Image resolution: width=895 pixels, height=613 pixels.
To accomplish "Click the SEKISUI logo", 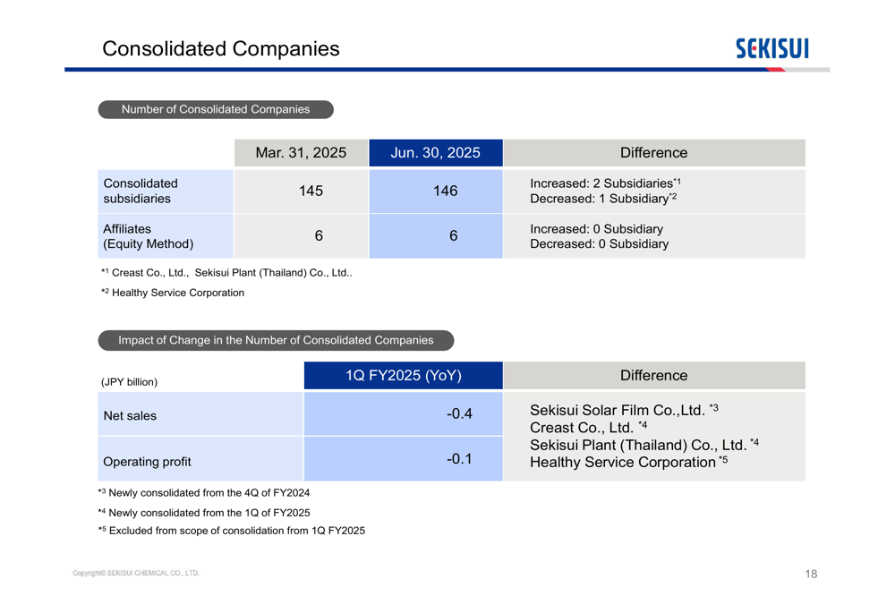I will point(771,48).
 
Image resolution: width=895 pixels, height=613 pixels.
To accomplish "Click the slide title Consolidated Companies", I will point(221,48).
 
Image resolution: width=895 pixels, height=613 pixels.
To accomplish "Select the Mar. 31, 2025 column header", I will point(301,153).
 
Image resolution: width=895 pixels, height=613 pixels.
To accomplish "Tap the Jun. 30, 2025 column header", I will point(435,153).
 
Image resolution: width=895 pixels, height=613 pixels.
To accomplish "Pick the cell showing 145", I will point(311,191).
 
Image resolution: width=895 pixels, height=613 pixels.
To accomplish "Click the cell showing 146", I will point(445,191).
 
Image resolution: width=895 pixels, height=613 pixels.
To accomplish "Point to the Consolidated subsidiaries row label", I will point(141,191).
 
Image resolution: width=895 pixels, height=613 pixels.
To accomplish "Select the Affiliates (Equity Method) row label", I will point(148,236).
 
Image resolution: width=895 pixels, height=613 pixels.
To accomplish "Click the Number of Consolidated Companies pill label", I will point(216,109).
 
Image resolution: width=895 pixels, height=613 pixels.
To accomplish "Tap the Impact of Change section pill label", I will point(276,340).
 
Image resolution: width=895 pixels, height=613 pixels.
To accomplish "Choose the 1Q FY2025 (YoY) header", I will point(404,376).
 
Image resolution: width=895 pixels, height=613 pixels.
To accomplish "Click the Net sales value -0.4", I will point(459,413).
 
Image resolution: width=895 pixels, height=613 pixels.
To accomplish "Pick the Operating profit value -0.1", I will point(459,459).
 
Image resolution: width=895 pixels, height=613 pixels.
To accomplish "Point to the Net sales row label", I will point(130,415).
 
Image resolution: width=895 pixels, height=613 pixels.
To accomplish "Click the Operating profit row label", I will point(147,462).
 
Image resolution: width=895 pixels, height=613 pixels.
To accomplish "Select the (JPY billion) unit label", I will point(130,382).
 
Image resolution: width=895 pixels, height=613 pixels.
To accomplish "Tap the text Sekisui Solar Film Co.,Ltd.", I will point(618,411).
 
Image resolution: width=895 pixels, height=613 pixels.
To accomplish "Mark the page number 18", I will point(811,574).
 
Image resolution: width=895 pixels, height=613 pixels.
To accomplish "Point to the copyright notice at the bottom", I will point(136,573).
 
